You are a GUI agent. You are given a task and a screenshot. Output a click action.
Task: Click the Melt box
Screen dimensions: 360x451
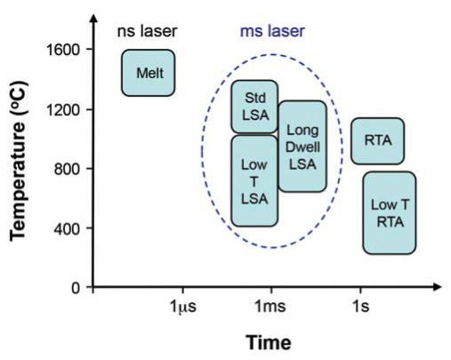pos(148,73)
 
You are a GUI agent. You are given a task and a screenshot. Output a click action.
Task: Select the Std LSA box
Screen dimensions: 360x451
pos(254,107)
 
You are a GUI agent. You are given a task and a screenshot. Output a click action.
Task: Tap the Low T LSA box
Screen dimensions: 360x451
pos(254,180)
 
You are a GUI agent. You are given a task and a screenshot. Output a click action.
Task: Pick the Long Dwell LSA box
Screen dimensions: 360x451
pos(302,146)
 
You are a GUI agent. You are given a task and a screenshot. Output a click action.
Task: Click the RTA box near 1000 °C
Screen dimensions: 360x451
pos(377,140)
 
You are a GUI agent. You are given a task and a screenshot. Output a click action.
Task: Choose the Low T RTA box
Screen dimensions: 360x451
pos(390,212)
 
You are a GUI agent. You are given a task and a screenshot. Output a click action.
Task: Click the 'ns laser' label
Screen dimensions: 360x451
pos(148,32)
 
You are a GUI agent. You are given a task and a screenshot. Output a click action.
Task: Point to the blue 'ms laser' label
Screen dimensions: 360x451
pos(272,32)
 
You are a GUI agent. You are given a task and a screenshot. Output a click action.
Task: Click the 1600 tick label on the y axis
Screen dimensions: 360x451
pos(65,50)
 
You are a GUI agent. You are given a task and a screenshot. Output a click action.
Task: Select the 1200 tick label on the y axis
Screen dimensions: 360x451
pos(65,109)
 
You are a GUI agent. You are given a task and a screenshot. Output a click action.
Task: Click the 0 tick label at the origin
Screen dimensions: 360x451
pos(77,288)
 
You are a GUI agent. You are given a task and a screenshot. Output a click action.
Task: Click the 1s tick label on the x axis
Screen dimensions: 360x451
pos(358,306)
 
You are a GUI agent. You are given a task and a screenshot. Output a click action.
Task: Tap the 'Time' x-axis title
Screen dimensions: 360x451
pos(268,341)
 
